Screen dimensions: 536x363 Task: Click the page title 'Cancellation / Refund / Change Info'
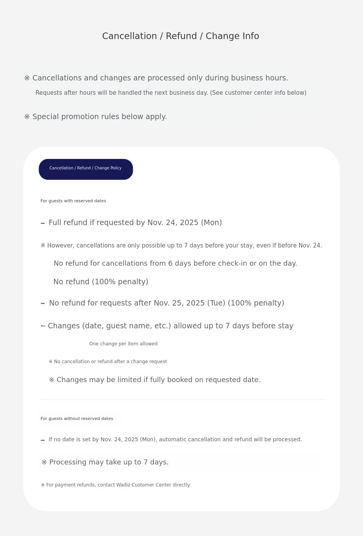(x=180, y=36)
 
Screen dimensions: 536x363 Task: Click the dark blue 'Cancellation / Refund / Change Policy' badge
(x=86, y=169)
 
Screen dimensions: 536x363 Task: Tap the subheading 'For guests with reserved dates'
(x=73, y=201)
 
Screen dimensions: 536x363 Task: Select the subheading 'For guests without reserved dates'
(x=77, y=418)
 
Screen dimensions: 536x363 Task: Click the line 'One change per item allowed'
(x=123, y=343)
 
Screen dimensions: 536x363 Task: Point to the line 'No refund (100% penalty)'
(x=101, y=282)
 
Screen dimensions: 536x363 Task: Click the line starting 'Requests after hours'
(x=171, y=93)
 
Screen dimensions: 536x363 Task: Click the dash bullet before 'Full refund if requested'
(x=43, y=223)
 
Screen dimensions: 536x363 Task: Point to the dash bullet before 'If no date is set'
(x=43, y=440)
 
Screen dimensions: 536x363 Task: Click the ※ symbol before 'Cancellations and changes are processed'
(x=27, y=78)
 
